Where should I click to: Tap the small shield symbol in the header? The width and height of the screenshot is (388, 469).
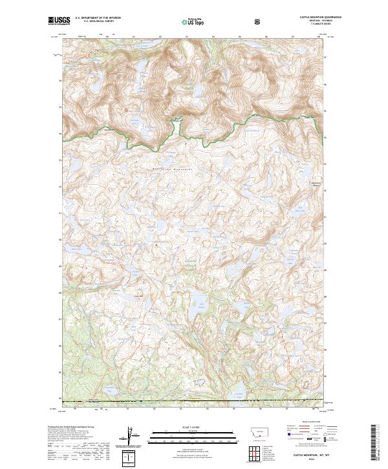point(259,21)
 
